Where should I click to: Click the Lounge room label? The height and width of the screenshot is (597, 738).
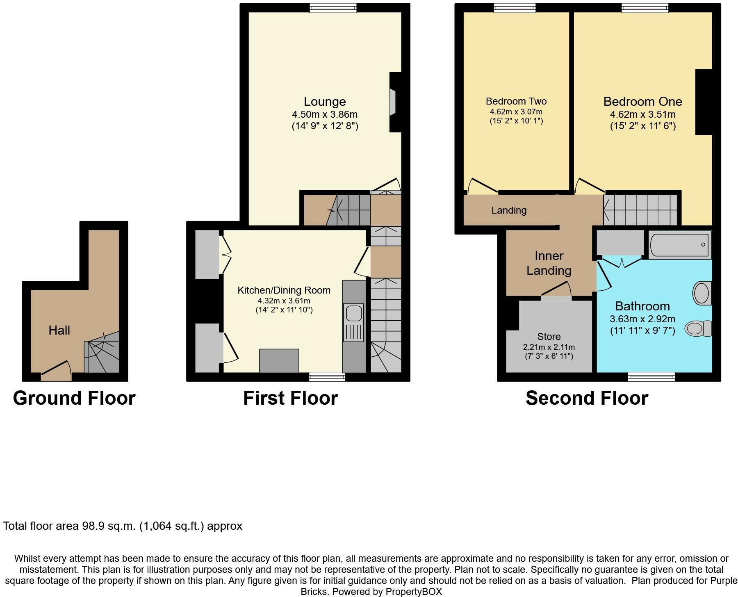click(x=324, y=101)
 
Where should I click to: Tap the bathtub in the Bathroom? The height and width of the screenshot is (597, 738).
click(x=680, y=245)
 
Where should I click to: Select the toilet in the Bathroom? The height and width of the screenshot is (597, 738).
click(x=698, y=328)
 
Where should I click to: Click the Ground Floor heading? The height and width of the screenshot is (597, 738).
click(x=74, y=398)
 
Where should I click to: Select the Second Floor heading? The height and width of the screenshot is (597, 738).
click(x=587, y=398)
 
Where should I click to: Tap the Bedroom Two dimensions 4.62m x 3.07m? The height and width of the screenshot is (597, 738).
click(x=516, y=112)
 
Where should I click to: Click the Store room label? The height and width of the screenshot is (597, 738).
click(x=549, y=337)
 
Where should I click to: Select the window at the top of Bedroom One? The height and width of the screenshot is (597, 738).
click(x=645, y=8)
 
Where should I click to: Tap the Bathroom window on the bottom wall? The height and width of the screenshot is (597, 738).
click(x=651, y=376)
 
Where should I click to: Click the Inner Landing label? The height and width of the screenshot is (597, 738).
click(x=549, y=263)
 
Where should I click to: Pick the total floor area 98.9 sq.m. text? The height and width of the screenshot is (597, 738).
click(x=123, y=526)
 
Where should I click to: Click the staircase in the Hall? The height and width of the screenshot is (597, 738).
click(x=102, y=353)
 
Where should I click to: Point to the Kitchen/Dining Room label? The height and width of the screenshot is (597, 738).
click(x=284, y=290)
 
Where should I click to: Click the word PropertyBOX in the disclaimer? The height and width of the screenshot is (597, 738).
click(x=414, y=592)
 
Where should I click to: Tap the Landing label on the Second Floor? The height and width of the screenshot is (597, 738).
click(x=509, y=210)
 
